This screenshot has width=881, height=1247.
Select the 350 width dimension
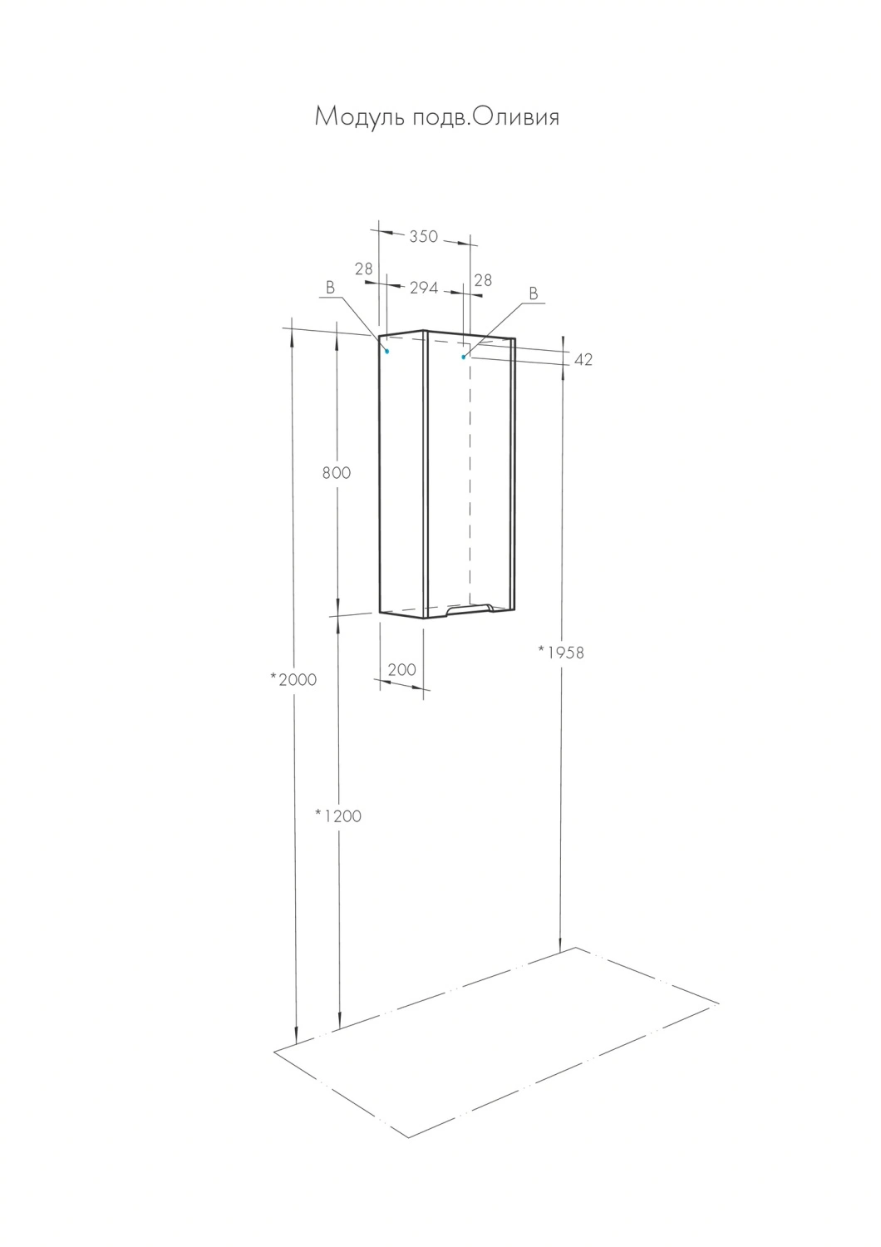click(x=424, y=237)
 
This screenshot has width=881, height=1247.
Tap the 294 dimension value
click(x=424, y=288)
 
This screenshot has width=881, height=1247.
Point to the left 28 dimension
click(x=363, y=269)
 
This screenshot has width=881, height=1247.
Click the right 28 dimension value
click(x=483, y=280)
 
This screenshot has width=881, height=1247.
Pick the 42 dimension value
click(x=583, y=360)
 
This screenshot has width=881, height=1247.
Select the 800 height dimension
click(x=336, y=473)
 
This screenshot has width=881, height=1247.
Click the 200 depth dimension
click(x=401, y=669)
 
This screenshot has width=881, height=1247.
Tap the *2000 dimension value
click(x=293, y=679)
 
